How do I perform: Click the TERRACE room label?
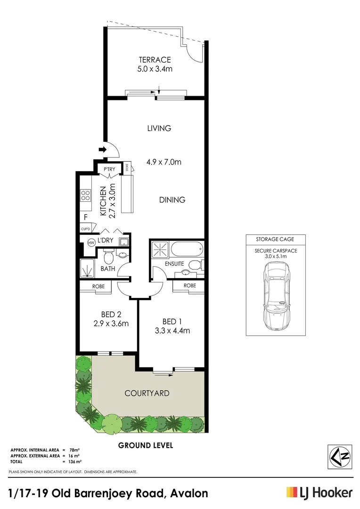[154, 60]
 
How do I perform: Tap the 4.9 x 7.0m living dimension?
[164, 163]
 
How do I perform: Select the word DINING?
[172, 200]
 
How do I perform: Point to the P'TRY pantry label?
[109, 169]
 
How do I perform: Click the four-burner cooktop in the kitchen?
[85, 195]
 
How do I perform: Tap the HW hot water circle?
[91, 243]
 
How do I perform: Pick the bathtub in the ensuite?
[184, 248]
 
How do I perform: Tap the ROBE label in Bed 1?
[189, 286]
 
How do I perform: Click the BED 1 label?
[172, 321]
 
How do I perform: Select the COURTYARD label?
[147, 393]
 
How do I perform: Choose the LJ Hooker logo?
[319, 493]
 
